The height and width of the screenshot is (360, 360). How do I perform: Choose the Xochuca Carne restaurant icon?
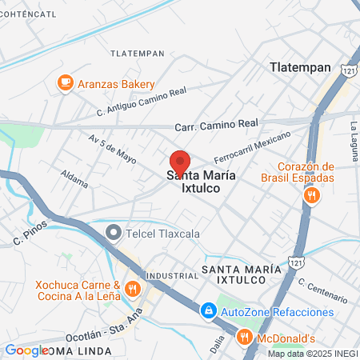pyautogui.click(x=133, y=289)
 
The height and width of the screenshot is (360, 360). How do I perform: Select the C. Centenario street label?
pyautogui.click(x=322, y=290)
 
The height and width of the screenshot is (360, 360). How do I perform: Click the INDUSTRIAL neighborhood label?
pyautogui.click(x=168, y=274)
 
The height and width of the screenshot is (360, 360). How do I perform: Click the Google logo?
pyautogui.click(x=26, y=350)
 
